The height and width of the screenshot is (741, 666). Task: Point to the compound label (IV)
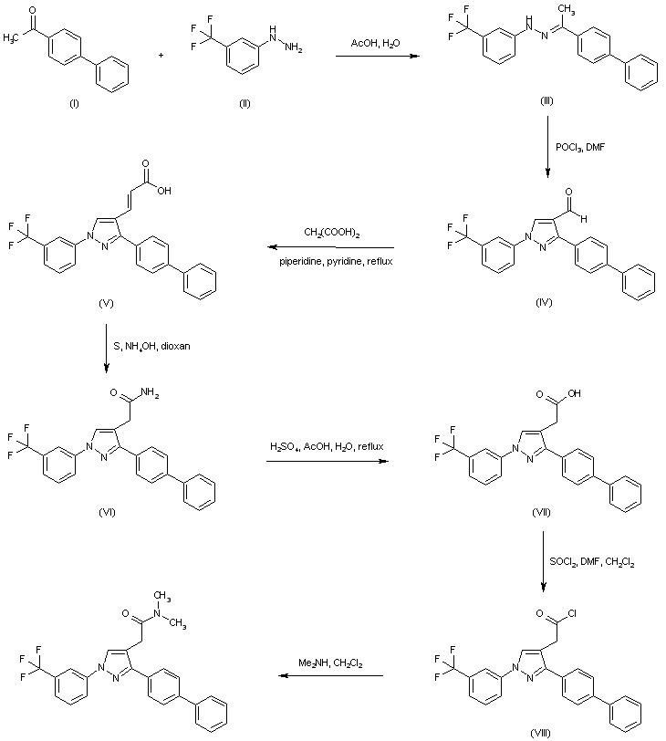[545, 300]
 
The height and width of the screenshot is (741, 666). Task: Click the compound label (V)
[106, 301]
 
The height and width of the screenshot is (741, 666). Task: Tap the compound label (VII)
[541, 513]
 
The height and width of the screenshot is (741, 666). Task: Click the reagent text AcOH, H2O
[374, 43]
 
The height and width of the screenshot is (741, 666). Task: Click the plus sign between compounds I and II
[162, 56]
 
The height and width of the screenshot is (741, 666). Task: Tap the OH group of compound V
[164, 193]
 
